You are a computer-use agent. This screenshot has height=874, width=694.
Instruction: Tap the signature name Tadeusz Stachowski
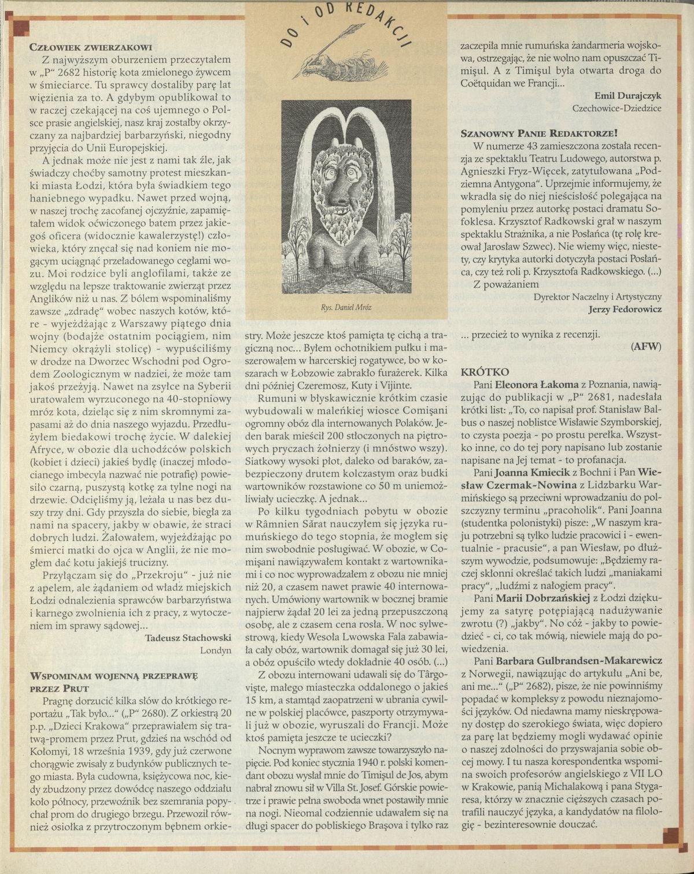[x=189, y=637]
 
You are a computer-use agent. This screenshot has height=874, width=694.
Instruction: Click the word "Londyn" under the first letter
[x=216, y=650]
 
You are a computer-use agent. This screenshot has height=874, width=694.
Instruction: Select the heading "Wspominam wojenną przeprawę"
[x=114, y=675]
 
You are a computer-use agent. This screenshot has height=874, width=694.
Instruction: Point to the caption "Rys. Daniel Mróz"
[x=346, y=308]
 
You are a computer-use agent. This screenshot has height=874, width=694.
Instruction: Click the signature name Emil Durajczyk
[x=627, y=95]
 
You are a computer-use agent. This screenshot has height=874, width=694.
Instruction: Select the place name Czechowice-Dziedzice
[x=617, y=108]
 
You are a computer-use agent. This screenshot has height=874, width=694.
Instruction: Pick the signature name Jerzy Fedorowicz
[x=625, y=309]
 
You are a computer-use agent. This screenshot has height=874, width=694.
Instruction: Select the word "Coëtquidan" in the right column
[x=490, y=84]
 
